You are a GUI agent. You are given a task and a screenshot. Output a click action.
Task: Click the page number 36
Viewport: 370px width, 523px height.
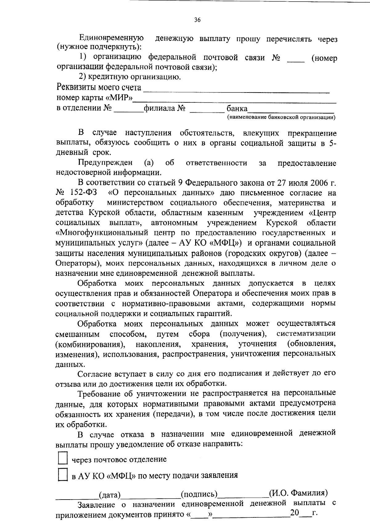pos(197,20)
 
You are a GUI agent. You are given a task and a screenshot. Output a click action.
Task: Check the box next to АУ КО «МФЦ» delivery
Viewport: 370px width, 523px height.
pos(63,475)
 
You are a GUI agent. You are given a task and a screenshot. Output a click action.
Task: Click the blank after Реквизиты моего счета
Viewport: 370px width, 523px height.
pos(236,89)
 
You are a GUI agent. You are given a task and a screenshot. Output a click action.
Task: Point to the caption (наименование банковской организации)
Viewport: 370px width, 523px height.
pos(281,117)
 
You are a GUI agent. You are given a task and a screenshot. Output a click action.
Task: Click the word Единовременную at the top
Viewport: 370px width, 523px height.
pos(111,38)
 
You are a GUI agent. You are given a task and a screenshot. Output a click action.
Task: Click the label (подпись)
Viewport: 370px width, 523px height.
pos(199,495)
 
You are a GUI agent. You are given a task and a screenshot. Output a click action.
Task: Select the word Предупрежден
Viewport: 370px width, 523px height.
pos(105,163)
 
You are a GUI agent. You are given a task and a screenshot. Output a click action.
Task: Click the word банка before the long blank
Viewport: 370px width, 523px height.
pos(237,109)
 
